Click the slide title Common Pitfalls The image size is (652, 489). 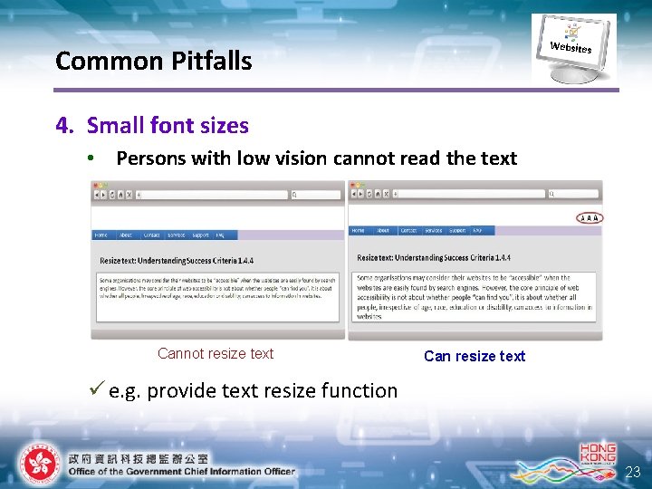tap(153, 62)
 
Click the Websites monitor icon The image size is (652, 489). tap(572, 48)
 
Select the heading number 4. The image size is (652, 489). tap(62, 125)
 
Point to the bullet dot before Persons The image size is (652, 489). tap(91, 158)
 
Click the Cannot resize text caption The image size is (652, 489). tap(216, 353)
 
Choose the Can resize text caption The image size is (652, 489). tap(474, 356)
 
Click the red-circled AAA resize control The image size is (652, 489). tap(589, 217)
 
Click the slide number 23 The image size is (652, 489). tap(632, 471)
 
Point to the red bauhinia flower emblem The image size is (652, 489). tap(38, 464)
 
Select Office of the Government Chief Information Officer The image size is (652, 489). tap(181, 471)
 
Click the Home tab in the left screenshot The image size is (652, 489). tap(101, 235)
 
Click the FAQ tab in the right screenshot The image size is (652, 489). tap(477, 230)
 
